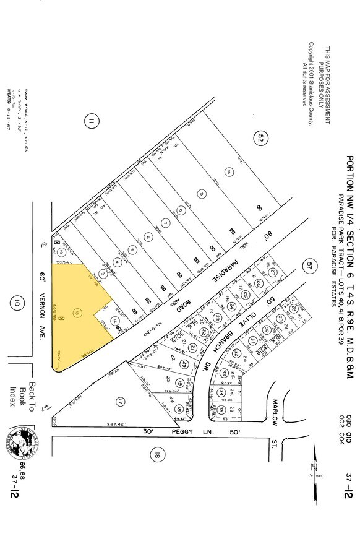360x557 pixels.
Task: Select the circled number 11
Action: point(92,123)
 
